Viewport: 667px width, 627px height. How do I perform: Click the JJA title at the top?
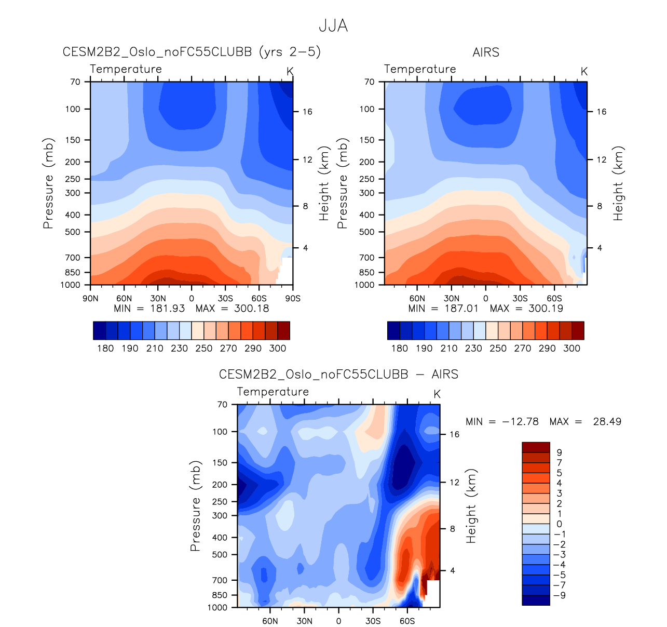[x=333, y=26]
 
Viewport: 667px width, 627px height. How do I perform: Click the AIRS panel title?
[x=486, y=52]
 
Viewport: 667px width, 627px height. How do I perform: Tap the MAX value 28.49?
[x=607, y=421]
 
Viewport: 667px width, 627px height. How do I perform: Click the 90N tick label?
[x=90, y=299]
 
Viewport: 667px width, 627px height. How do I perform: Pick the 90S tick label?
[x=293, y=299]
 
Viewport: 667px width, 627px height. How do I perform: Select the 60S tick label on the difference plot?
[x=407, y=621]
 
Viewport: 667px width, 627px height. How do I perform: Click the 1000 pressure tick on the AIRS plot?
[x=365, y=285]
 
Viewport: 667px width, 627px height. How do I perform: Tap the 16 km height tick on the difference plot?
[x=454, y=434]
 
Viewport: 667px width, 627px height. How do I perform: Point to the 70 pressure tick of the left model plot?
[x=75, y=82]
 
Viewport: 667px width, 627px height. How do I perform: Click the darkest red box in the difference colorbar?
[x=536, y=447]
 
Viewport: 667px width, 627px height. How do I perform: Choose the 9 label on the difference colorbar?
[x=559, y=452]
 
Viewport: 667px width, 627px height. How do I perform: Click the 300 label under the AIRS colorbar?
[x=571, y=349]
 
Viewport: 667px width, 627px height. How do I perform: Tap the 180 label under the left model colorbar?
[x=105, y=349]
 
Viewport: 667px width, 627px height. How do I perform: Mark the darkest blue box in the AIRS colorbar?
[x=393, y=330]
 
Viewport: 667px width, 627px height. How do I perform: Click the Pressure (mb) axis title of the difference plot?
[x=195, y=505]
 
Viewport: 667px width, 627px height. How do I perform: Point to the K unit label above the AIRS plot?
[x=584, y=72]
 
